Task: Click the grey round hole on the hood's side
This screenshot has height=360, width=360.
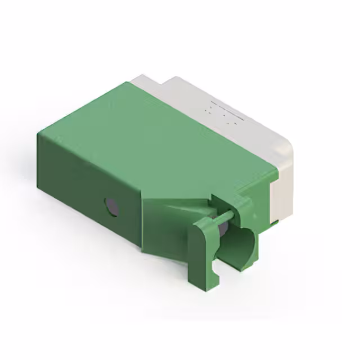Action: (x=112, y=207)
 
